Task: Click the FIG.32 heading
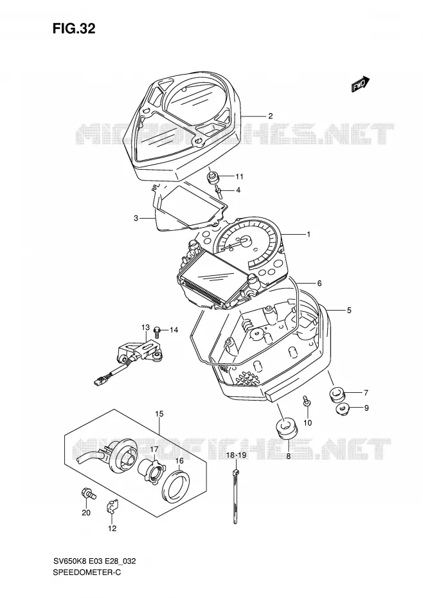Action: [74, 28]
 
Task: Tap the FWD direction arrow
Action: [361, 84]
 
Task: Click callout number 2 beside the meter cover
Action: [271, 116]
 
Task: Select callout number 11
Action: [239, 177]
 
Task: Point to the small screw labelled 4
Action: [219, 190]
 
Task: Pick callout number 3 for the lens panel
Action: [136, 218]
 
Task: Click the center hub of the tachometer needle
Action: [244, 240]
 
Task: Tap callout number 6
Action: [319, 284]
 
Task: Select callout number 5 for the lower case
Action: [349, 311]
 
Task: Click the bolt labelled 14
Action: [156, 331]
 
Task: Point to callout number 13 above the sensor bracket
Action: [146, 327]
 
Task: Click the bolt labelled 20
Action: [87, 493]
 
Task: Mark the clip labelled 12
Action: [112, 507]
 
